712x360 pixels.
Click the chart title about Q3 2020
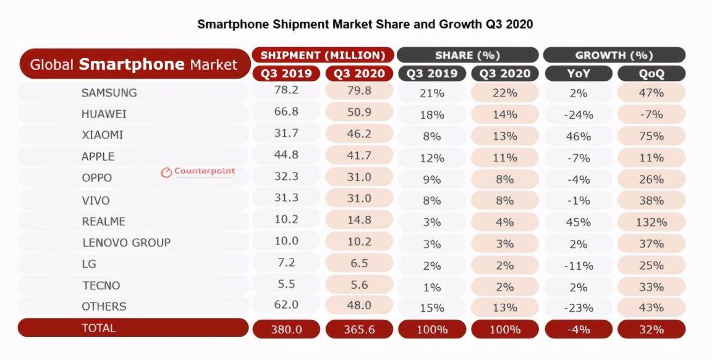coord(365,25)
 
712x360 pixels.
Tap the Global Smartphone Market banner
coord(133,64)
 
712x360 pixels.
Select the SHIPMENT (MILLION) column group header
coord(323,55)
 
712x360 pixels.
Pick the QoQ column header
coord(651,74)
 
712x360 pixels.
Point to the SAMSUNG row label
coord(109,93)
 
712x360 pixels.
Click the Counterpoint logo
coord(198,172)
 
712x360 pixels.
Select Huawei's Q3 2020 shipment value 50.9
coord(359,114)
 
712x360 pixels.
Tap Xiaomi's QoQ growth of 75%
coord(651,136)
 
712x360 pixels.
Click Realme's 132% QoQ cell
coord(651,222)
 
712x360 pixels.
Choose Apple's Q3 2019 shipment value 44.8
coord(286,156)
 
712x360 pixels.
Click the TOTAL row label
coord(99,328)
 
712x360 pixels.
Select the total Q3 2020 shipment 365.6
coord(359,330)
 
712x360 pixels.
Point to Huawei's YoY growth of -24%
coord(578,114)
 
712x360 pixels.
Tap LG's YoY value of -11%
coord(578,265)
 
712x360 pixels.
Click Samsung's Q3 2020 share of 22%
coord(504,93)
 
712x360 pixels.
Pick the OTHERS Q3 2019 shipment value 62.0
coord(286,306)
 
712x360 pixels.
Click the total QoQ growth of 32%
coord(651,330)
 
